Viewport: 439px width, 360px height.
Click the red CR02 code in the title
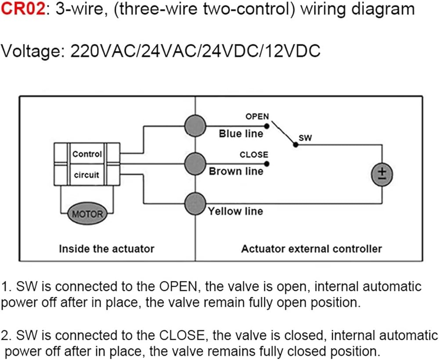point(23,9)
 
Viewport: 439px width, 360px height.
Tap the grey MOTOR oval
point(88,214)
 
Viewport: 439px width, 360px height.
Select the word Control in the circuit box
point(87,154)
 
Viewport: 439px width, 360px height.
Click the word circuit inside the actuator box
point(86,175)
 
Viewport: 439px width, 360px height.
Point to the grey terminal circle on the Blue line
point(195,126)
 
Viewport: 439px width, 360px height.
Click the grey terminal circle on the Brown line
point(195,164)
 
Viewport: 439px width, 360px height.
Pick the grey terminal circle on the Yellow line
point(195,204)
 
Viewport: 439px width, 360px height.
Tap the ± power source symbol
point(382,174)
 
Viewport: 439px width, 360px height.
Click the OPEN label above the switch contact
point(257,116)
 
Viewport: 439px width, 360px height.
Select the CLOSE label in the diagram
point(254,155)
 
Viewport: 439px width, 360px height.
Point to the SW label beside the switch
point(305,138)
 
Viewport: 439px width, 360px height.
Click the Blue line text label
point(241,133)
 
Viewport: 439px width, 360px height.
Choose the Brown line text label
point(236,171)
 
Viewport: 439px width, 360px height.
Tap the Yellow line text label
point(235,211)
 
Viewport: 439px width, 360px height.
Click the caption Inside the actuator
point(107,248)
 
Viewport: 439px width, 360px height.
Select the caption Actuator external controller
point(312,248)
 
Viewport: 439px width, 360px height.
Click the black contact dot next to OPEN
point(266,126)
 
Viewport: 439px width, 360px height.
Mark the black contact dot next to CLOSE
point(266,164)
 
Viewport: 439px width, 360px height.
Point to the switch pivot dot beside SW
point(295,144)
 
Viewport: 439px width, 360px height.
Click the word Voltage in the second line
point(33,52)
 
